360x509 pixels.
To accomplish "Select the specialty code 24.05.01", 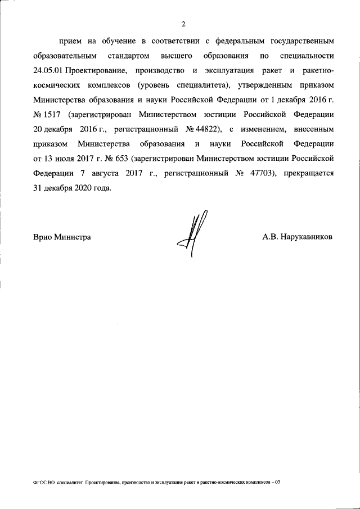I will pos(48,71).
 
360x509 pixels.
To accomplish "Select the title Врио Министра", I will pos(62,237).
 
